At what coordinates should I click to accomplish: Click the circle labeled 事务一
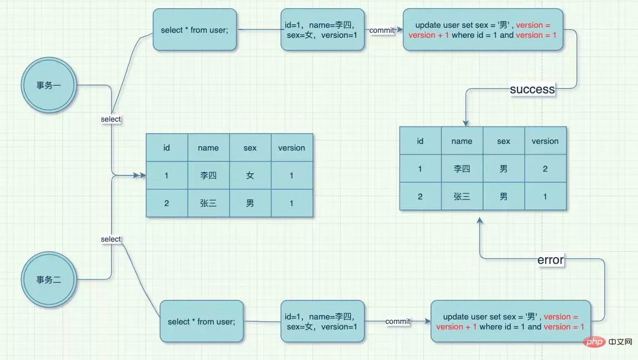49,85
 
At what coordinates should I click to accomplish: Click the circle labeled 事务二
49,279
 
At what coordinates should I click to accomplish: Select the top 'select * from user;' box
195,29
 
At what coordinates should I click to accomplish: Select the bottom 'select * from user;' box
201,321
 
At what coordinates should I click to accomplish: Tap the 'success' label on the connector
532,89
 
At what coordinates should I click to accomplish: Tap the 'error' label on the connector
551,259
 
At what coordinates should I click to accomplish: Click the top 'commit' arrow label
382,30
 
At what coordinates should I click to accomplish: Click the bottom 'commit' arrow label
397,321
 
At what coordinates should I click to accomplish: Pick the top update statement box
483,29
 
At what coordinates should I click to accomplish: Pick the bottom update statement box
511,321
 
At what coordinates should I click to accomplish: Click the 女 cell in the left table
250,176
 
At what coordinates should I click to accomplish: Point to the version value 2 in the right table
545,169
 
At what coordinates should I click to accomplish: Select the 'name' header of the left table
208,148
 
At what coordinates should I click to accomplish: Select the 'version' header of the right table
545,141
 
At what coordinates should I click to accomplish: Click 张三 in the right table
462,197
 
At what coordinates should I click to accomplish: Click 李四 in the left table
208,176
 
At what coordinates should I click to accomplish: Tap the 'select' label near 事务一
111,119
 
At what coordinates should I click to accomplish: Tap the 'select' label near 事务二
111,239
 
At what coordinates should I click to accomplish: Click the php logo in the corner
595,342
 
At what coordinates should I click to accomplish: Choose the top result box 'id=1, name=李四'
322,29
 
